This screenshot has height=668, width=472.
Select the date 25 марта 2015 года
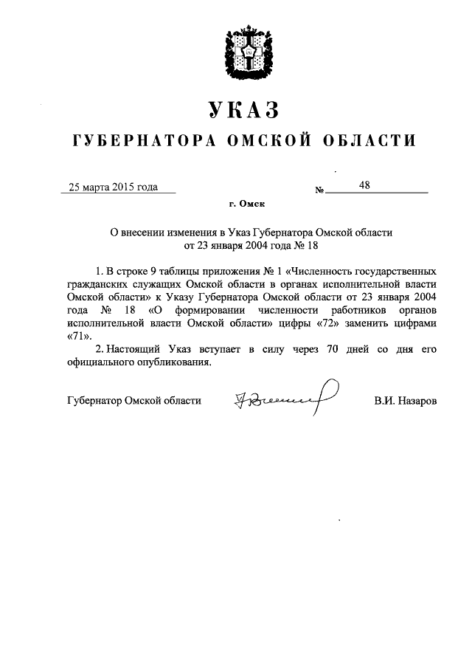pos(113,187)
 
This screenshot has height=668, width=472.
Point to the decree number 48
pos(364,186)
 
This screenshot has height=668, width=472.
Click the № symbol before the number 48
pos(319,190)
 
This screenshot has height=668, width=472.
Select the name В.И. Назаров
pos(406,400)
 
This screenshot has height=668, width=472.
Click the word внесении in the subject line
pos(144,231)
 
